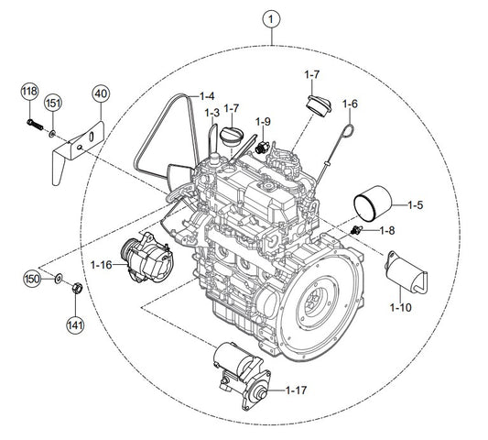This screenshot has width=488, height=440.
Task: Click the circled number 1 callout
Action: coord(271,19)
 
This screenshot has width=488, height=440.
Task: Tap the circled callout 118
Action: coord(30,92)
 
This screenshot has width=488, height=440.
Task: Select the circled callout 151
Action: coord(53,103)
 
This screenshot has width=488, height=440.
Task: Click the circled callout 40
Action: coord(101,93)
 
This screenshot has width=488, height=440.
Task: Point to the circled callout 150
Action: coord(32,279)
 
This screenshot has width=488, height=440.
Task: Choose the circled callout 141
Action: coord(75,325)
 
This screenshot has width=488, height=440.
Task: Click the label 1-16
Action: coord(101,265)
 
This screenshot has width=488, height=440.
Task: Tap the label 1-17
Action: coord(297,390)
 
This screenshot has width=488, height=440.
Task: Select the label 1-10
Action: coord(401,308)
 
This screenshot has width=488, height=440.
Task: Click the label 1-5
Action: coord(416,205)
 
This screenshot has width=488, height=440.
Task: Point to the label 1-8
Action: coord(387,231)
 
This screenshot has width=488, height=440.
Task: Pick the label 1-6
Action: coord(350,104)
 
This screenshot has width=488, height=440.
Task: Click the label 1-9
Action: coord(264,122)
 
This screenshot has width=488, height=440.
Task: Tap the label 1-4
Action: coord(207,96)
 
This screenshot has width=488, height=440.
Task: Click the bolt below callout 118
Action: coord(35,125)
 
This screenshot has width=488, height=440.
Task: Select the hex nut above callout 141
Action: coord(77,288)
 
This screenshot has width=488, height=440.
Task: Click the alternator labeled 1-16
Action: coord(146,258)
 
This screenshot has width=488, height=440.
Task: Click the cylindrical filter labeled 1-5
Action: coord(373,203)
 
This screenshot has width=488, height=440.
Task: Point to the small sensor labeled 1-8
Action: coord(356,230)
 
